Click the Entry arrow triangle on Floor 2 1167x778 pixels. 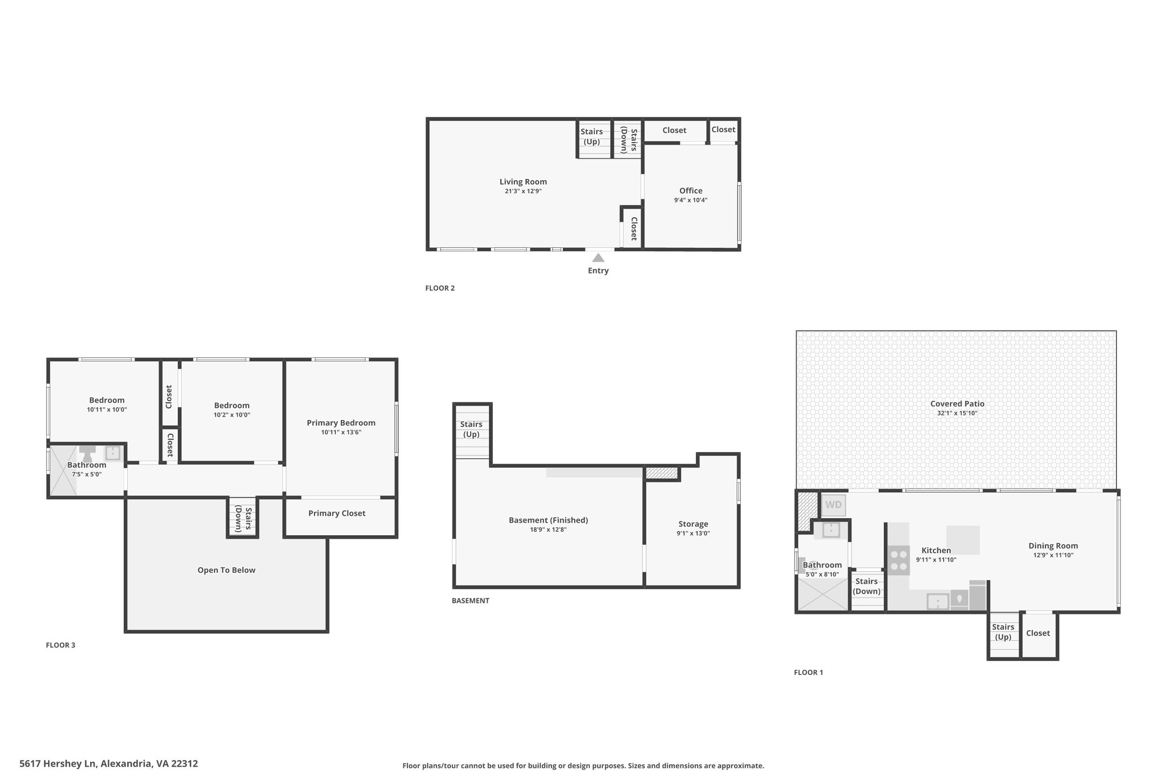tap(598, 258)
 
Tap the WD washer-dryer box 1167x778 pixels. tap(833, 505)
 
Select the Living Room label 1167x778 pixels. tap(523, 182)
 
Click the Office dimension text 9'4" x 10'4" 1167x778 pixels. tap(691, 200)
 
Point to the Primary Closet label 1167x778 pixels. tap(337, 514)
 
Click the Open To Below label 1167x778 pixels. tap(226, 570)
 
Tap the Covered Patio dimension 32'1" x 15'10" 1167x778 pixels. tap(957, 413)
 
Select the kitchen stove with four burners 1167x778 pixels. tap(899, 560)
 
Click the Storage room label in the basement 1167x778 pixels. tap(693, 524)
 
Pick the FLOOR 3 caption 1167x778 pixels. tap(60, 645)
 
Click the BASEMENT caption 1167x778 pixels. tap(470, 600)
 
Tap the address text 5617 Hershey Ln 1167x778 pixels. tap(58, 763)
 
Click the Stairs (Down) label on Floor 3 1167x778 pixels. tap(243, 518)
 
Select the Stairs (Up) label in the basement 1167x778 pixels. tap(471, 429)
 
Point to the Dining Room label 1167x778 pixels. tap(1053, 545)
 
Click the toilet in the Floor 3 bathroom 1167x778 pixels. tap(87, 454)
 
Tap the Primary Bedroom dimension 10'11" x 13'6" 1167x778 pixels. tap(341, 432)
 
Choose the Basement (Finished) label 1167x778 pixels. tap(548, 520)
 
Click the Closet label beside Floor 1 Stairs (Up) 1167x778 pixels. tap(1038, 633)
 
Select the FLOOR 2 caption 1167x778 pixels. tap(440, 288)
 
